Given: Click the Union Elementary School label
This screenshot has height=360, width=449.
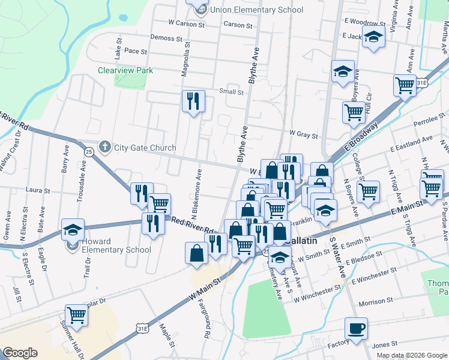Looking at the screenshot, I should click(x=257, y=10).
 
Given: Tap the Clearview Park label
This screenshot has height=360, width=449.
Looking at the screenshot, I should click(x=125, y=70).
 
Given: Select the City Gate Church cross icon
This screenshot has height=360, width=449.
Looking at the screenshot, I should click(x=104, y=147).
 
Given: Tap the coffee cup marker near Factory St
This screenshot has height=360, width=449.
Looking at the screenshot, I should click(x=356, y=329).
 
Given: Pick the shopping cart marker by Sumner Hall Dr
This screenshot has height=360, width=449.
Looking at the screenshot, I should click(x=77, y=314).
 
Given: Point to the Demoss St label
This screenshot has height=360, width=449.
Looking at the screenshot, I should click(x=166, y=38).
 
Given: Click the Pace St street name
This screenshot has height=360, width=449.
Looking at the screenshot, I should click(x=136, y=52).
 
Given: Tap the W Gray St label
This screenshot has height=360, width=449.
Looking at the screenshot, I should click(x=303, y=133).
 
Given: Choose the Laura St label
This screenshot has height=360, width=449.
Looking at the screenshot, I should click(x=37, y=190).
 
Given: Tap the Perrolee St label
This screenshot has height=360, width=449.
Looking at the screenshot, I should click(x=427, y=120).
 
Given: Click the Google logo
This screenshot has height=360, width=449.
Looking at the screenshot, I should click(x=20, y=353).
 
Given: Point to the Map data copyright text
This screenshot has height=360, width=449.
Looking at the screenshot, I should click(x=411, y=355).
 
